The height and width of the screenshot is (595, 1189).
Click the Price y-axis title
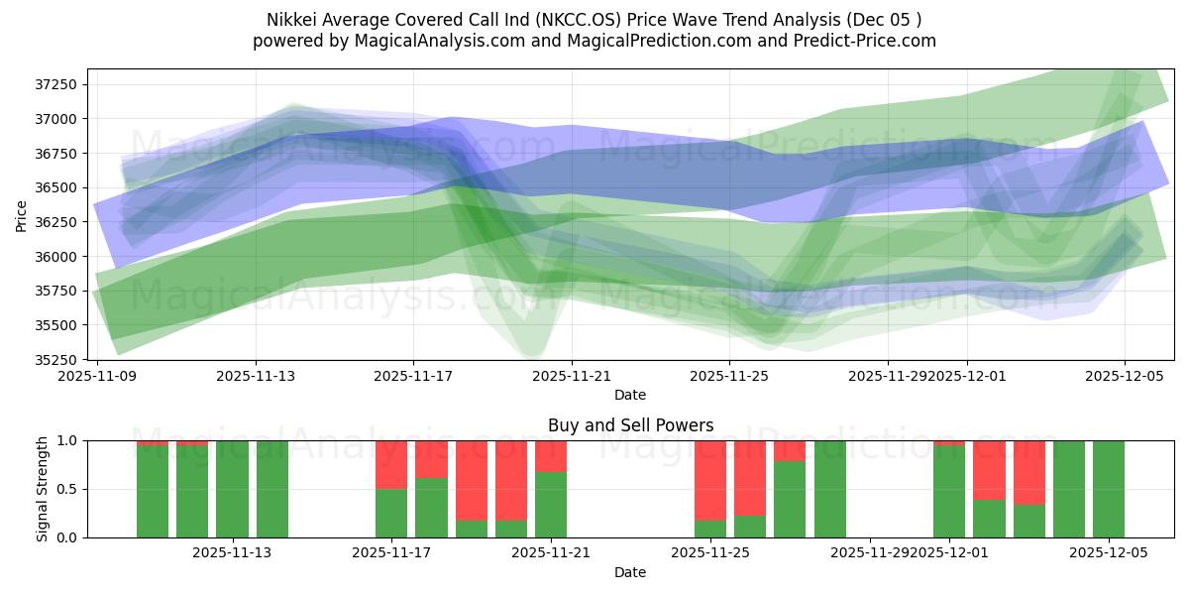point(22,214)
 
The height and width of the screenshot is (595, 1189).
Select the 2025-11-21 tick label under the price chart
point(572,376)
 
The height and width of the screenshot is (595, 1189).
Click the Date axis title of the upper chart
point(630,395)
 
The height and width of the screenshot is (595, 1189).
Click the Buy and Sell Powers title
point(630,425)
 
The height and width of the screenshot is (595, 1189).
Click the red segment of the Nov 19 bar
point(472,480)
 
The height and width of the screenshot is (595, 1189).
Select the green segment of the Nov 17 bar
point(391,513)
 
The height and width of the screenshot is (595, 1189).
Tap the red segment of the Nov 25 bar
point(710,480)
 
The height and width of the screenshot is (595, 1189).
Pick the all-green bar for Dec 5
point(1109,489)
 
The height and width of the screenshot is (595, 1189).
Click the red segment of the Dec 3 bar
point(1029,472)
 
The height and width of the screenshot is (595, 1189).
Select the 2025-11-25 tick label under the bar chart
point(710,553)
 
